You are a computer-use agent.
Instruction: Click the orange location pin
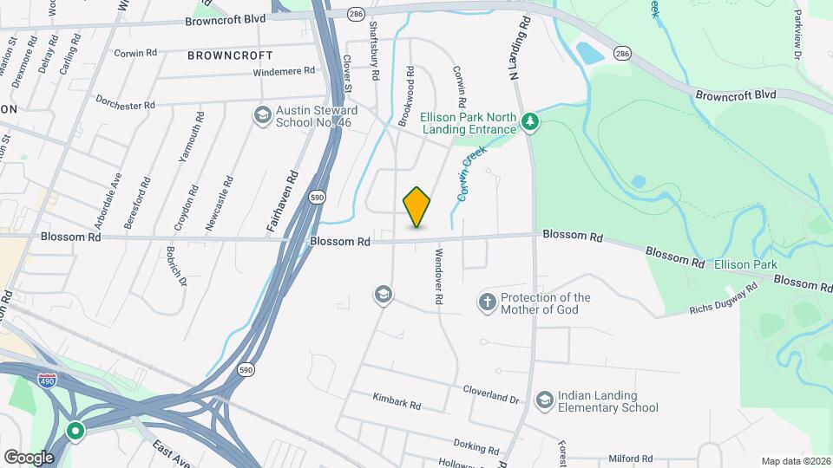417,207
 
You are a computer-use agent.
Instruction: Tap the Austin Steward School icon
261,115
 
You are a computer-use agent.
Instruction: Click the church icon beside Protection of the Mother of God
488,302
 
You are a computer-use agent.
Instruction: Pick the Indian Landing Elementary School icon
544,400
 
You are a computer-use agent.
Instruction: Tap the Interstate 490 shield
49,380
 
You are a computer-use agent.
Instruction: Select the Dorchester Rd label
125,102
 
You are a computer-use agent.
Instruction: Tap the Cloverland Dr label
490,393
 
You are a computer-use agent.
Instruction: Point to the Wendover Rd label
439,276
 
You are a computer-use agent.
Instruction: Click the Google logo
29,457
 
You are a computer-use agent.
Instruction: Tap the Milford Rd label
630,458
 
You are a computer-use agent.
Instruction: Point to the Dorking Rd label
475,447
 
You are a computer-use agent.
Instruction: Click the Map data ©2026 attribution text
794,461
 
